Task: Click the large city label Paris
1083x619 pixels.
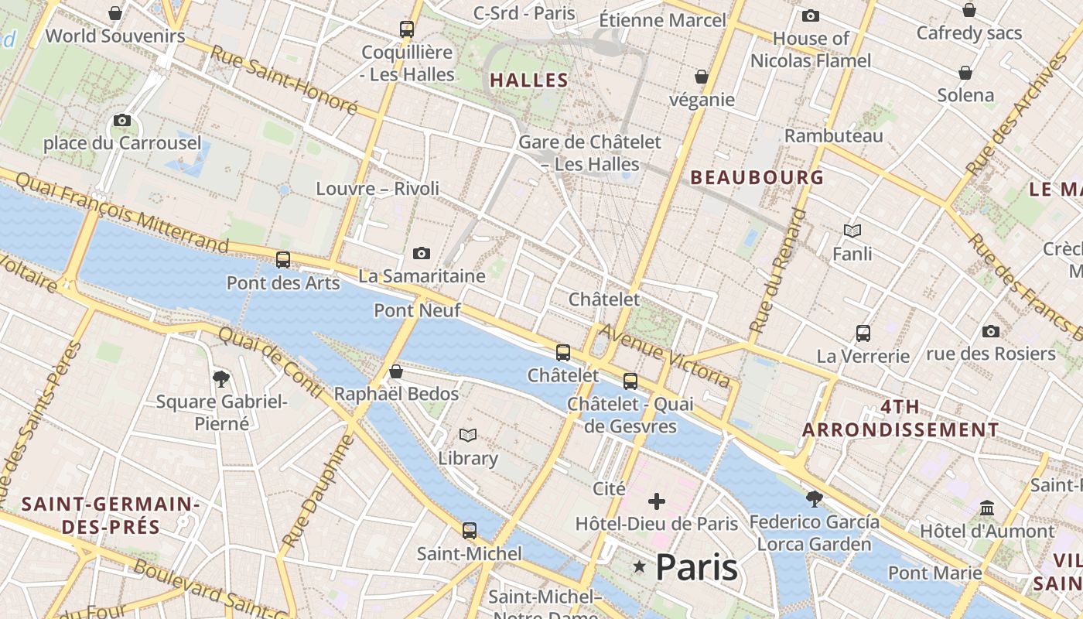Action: pyautogui.click(x=696, y=567)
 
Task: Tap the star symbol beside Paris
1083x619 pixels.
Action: pyautogui.click(x=639, y=567)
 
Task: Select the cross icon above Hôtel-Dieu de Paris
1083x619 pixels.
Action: pyautogui.click(x=657, y=501)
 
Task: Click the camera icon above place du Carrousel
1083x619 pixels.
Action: pyautogui.click(x=121, y=120)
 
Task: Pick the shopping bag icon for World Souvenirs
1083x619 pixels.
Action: pyautogui.click(x=115, y=13)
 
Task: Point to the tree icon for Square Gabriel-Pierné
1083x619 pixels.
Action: pyautogui.click(x=221, y=378)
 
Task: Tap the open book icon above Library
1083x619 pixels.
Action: pyautogui.click(x=468, y=435)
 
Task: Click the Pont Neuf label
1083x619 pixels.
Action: pyautogui.click(x=417, y=310)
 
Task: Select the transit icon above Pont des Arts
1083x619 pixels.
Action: pyautogui.click(x=283, y=260)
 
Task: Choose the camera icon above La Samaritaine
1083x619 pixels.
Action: pyautogui.click(x=422, y=253)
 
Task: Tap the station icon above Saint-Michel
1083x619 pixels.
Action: pyautogui.click(x=470, y=531)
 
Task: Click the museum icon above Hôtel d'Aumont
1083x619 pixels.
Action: pyautogui.click(x=987, y=508)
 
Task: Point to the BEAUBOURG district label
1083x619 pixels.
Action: pyautogui.click(x=757, y=177)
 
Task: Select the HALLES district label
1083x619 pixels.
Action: pyautogui.click(x=529, y=80)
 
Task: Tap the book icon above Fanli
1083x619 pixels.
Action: pyautogui.click(x=852, y=231)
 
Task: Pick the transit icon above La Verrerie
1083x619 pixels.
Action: pyautogui.click(x=863, y=333)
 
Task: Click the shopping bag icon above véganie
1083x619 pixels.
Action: pyautogui.click(x=702, y=77)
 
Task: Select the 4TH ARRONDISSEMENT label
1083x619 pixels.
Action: pyautogui.click(x=900, y=418)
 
